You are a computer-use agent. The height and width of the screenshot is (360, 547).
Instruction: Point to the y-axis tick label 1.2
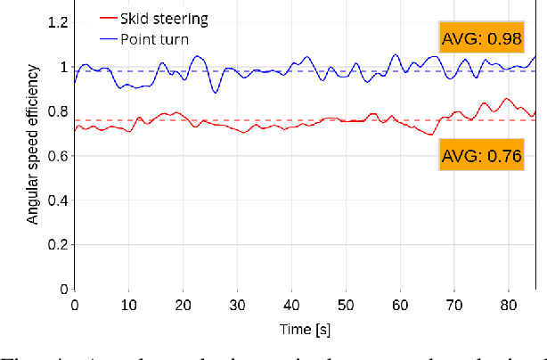(x=57, y=23)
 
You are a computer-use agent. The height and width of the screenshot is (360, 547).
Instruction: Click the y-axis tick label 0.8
(x=57, y=111)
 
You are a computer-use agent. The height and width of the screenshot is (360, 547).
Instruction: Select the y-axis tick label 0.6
(x=57, y=156)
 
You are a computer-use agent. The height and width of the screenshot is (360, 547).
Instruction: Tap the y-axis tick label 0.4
(x=57, y=200)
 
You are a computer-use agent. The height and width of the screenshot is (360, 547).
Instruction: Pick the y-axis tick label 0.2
(x=57, y=245)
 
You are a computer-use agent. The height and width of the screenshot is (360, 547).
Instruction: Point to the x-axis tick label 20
(x=183, y=305)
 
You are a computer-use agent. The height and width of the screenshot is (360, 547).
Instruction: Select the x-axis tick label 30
(x=237, y=305)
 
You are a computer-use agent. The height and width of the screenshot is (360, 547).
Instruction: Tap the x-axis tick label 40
(x=291, y=305)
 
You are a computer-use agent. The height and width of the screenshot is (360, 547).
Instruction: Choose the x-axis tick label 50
(x=346, y=305)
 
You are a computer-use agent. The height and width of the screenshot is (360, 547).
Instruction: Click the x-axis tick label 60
(x=400, y=305)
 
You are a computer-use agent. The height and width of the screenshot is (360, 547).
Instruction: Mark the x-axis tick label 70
(x=454, y=305)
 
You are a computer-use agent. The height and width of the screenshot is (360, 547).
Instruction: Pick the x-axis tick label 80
(x=509, y=305)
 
